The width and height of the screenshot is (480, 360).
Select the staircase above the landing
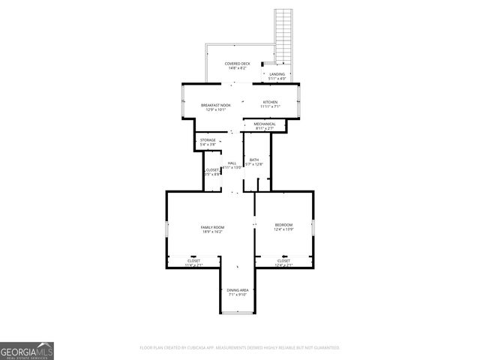[283, 34]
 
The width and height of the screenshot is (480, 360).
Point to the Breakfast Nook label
[215, 106]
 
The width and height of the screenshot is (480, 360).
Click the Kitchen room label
[270, 104]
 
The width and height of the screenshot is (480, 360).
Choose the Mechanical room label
[265, 126]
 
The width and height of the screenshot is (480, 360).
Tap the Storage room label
[208, 142]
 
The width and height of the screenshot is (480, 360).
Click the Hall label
[232, 165]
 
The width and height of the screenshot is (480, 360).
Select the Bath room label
[254, 161]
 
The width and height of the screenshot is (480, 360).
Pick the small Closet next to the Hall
[211, 172]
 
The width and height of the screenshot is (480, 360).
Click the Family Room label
[213, 229]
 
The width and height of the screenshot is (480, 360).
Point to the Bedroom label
[283, 227]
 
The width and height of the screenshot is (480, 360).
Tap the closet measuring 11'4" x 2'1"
[193, 262]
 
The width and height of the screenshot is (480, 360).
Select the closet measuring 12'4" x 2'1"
[283, 262]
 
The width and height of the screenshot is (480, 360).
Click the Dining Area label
[238, 292]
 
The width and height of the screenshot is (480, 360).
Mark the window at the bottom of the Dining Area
[238, 314]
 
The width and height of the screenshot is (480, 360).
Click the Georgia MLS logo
[26, 351]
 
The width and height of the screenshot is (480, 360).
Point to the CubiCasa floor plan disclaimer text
[240, 348]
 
